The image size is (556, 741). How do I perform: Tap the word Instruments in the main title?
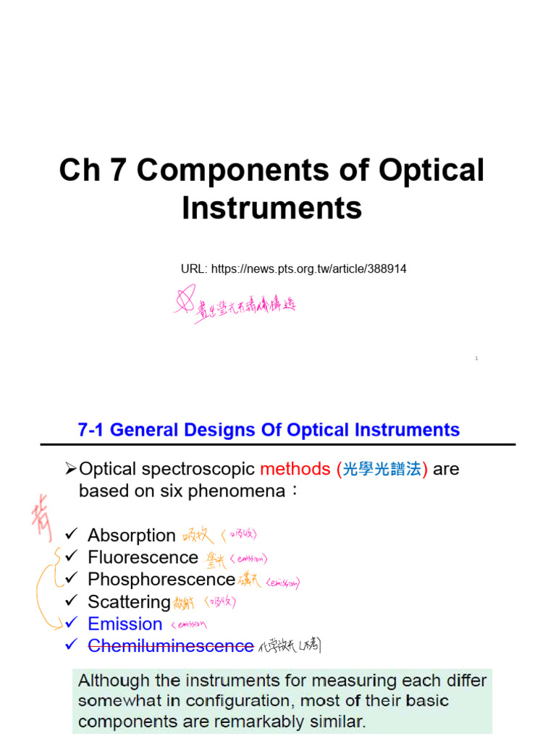271,208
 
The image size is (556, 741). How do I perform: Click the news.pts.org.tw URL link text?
309,269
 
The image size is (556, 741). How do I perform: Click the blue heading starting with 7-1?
269,430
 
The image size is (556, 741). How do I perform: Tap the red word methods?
295,469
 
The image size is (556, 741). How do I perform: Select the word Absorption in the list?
132,535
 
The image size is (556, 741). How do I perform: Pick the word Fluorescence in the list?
143,557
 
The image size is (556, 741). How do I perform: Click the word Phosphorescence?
161,580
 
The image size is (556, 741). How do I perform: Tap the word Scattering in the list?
129,602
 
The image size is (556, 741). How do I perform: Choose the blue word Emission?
125,624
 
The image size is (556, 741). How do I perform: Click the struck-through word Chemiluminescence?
171,646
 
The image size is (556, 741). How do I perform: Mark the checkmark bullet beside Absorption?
71,535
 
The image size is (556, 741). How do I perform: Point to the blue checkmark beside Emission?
71,623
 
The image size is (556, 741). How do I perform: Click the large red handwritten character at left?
41,522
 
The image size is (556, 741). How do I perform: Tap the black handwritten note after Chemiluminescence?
289,646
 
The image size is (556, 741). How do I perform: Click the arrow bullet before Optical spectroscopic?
71,469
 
